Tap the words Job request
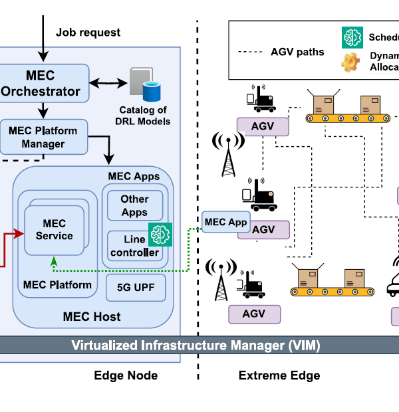click(x=88, y=32)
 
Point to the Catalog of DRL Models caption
click(x=144, y=115)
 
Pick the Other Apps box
click(x=134, y=206)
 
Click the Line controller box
click(x=134, y=246)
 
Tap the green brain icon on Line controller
click(x=160, y=235)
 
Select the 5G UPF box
click(x=136, y=288)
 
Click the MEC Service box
click(x=55, y=229)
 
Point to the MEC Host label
click(x=92, y=317)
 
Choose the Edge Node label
click(x=126, y=375)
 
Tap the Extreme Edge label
click(x=279, y=375)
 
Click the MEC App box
click(x=225, y=222)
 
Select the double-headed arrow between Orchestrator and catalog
click(x=110, y=82)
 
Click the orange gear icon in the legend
click(x=350, y=62)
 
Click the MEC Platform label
click(x=57, y=285)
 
